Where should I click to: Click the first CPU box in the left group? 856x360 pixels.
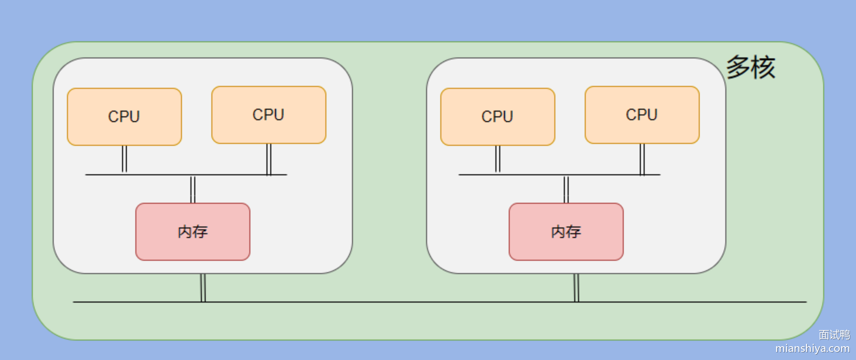pyautogui.click(x=124, y=117)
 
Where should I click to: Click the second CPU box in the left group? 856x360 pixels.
pyautogui.click(x=269, y=115)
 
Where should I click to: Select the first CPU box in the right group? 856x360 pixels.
pyautogui.click(x=498, y=117)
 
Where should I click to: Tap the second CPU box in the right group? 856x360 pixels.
pyautogui.click(x=642, y=115)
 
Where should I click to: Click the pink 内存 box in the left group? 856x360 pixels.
pyautogui.click(x=193, y=232)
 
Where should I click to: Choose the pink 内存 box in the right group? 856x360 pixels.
pyautogui.click(x=566, y=232)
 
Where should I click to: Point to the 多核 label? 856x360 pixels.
pyautogui.click(x=751, y=67)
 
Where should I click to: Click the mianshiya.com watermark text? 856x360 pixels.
pyautogui.click(x=812, y=349)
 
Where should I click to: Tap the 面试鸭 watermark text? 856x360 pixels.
pyautogui.click(x=834, y=335)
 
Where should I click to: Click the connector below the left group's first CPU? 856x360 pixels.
pyautogui.click(x=124, y=159)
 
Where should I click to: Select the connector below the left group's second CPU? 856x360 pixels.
pyautogui.click(x=269, y=159)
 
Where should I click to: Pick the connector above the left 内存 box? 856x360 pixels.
pyautogui.click(x=193, y=189)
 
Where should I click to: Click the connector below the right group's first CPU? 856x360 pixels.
pyautogui.click(x=498, y=159)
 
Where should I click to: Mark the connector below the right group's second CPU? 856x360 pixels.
pyautogui.click(x=642, y=159)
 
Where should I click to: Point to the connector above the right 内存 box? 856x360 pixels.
pyautogui.click(x=566, y=189)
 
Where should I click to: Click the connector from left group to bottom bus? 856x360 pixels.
pyautogui.click(x=203, y=288)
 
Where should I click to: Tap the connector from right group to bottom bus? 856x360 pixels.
pyautogui.click(x=576, y=288)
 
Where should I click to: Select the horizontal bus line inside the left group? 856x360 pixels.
pyautogui.click(x=157, y=175)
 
